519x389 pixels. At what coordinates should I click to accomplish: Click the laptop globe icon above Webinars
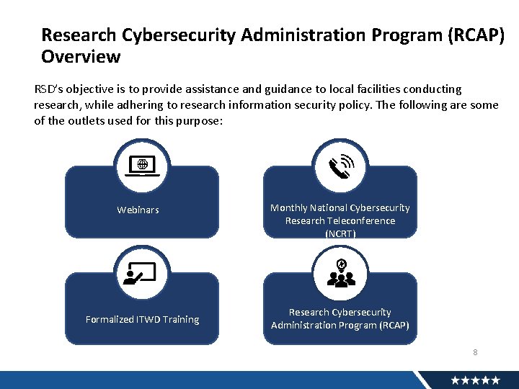click(x=142, y=166)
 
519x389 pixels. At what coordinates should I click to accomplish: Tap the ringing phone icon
click(x=340, y=166)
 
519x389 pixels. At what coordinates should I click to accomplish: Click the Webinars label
click(x=138, y=210)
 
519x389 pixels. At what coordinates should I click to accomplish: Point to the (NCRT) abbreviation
click(x=340, y=233)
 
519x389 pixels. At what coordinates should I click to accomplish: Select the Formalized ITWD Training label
click(x=142, y=319)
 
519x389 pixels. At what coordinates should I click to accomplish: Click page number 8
click(x=475, y=352)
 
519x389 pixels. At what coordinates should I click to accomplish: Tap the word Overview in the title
click(x=81, y=56)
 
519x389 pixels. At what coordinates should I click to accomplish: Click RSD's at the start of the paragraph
click(x=49, y=89)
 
